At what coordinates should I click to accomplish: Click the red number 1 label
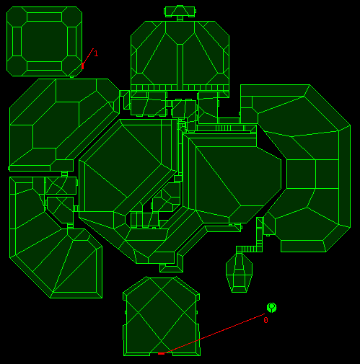[96, 53]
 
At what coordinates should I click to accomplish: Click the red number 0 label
[265, 320]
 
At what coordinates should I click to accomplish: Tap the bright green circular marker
[272, 308]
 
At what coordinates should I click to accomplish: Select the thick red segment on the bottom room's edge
[161, 353]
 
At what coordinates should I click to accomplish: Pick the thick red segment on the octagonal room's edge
[83, 66]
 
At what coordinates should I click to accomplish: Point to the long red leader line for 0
[214, 334]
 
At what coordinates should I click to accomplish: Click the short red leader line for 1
[88, 56]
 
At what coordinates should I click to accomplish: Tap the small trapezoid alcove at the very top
[180, 12]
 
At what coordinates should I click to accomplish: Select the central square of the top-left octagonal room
[44, 41]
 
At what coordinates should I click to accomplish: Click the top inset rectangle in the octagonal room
[44, 17]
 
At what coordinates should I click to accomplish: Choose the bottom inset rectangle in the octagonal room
[44, 66]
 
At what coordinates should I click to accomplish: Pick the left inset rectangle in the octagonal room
[17, 41]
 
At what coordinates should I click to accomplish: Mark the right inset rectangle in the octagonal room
[72, 41]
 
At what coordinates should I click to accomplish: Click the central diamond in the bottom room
[161, 312]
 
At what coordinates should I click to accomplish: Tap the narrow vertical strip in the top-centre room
[180, 64]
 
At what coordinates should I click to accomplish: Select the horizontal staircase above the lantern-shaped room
[249, 249]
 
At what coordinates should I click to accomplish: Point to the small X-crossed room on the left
[61, 185]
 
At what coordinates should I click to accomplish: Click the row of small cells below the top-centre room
[180, 87]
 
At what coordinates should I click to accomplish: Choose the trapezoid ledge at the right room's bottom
[303, 246]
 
